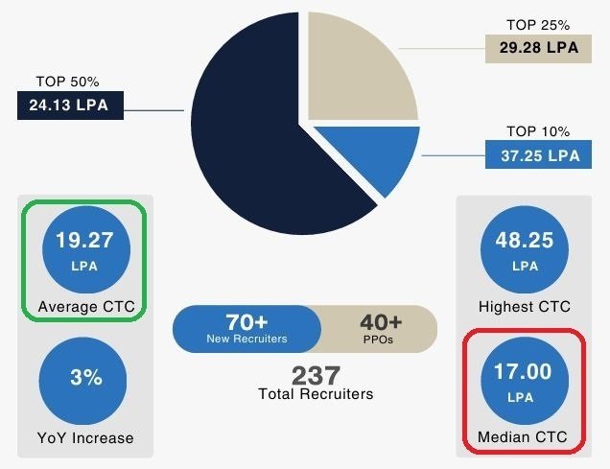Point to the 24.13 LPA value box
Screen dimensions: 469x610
tap(71, 104)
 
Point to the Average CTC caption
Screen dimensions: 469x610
tap(85, 308)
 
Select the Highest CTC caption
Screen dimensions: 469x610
tap(524, 308)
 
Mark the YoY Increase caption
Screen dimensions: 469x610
tap(85, 438)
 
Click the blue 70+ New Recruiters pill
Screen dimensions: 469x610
tap(247, 329)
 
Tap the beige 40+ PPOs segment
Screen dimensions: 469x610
tap(381, 329)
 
